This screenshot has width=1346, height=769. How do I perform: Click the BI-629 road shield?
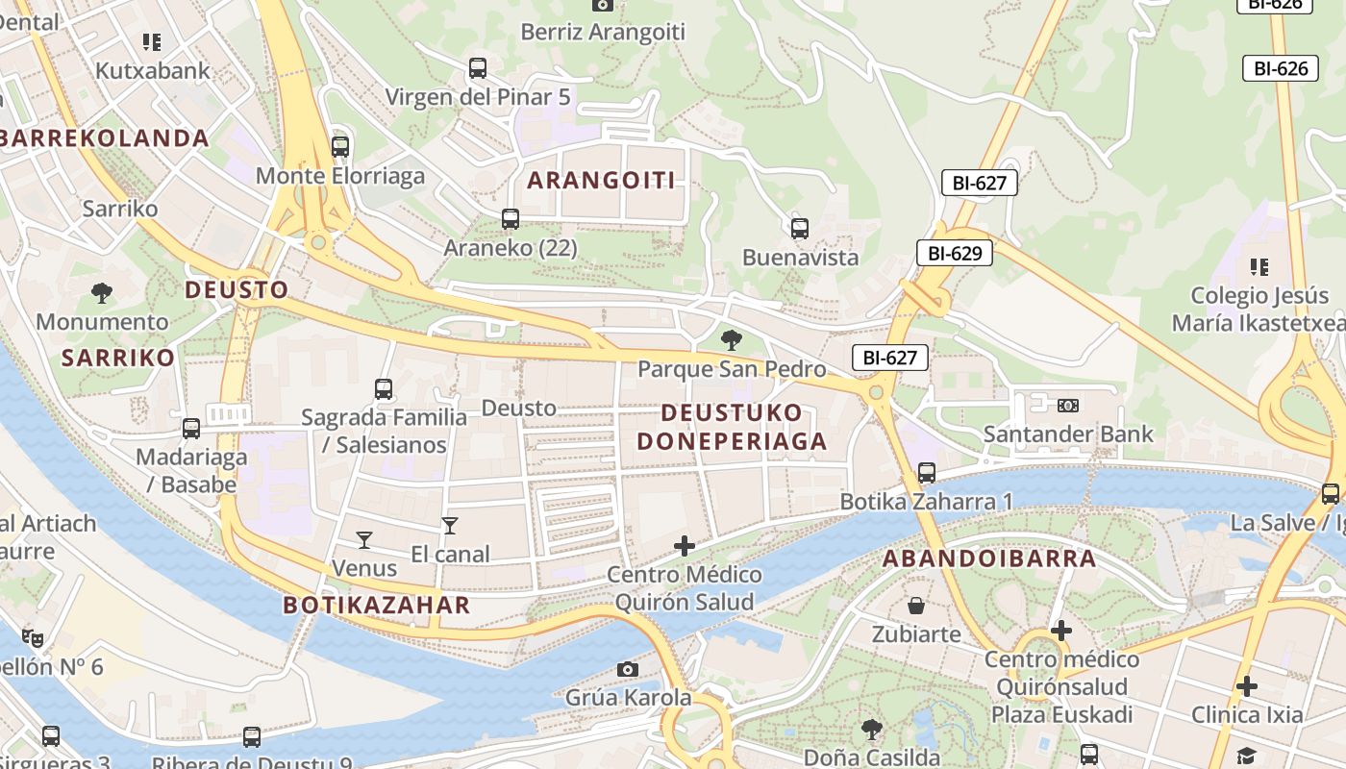tap(954, 253)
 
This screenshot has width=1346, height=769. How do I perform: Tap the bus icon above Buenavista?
tap(800, 229)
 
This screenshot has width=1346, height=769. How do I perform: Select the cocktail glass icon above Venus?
tap(364, 539)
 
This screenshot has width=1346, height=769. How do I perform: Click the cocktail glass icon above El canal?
tap(449, 525)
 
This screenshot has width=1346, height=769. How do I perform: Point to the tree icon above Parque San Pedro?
tap(731, 339)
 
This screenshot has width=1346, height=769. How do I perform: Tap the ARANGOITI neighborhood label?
tap(601, 180)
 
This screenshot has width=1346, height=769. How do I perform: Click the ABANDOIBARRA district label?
tap(989, 558)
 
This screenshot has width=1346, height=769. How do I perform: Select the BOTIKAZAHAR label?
tap(377, 605)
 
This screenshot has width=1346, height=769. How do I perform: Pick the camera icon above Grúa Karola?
tap(628, 669)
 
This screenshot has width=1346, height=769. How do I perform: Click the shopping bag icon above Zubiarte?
tap(916, 606)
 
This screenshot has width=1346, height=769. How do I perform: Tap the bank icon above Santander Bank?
tap(1068, 406)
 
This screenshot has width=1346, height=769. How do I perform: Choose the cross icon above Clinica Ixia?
tap(1247, 686)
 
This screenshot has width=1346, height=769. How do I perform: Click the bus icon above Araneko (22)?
tap(511, 219)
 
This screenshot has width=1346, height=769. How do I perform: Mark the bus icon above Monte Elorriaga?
tap(340, 147)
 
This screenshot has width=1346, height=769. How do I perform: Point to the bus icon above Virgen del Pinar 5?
tap(478, 68)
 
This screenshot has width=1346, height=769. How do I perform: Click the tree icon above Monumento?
tap(102, 293)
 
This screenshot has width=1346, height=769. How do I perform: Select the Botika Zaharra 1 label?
tap(927, 501)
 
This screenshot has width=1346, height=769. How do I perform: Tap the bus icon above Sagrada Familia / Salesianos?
tap(384, 389)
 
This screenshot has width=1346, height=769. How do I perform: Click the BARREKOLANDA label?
tap(105, 137)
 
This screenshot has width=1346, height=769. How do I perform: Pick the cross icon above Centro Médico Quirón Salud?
tap(685, 546)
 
